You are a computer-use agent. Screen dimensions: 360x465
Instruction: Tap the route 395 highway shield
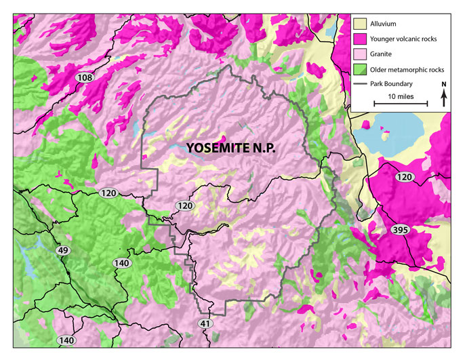(400, 231)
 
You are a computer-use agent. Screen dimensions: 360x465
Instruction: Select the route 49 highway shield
(64, 251)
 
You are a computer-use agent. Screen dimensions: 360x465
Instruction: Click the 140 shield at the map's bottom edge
(66, 340)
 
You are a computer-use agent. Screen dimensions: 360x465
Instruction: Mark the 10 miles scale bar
(401, 104)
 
